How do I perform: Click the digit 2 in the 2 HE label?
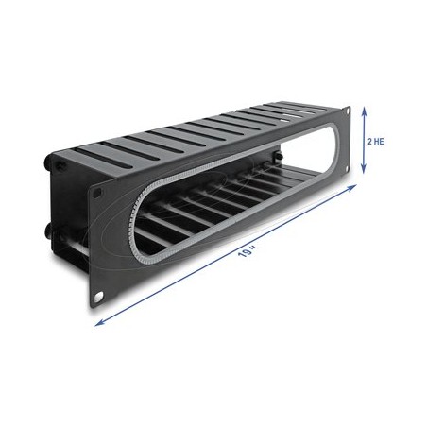click(370, 142)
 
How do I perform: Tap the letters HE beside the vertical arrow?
click(380, 142)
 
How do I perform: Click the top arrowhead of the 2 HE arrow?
click(364, 110)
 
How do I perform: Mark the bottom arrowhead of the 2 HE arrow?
click(364, 170)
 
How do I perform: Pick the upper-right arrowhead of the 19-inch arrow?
click(352, 188)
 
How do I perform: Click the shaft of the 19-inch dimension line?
click(226, 255)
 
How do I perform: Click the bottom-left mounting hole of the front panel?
click(98, 297)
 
